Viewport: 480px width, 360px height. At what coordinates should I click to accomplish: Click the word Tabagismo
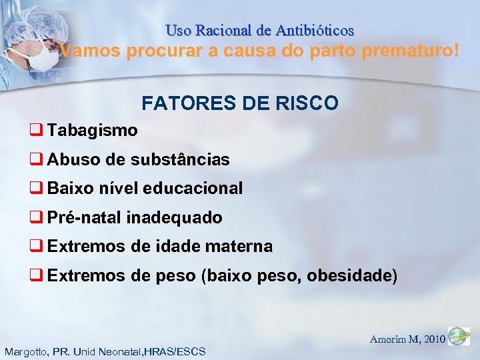coord(93,130)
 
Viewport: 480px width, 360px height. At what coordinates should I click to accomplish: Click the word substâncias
coord(180,159)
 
